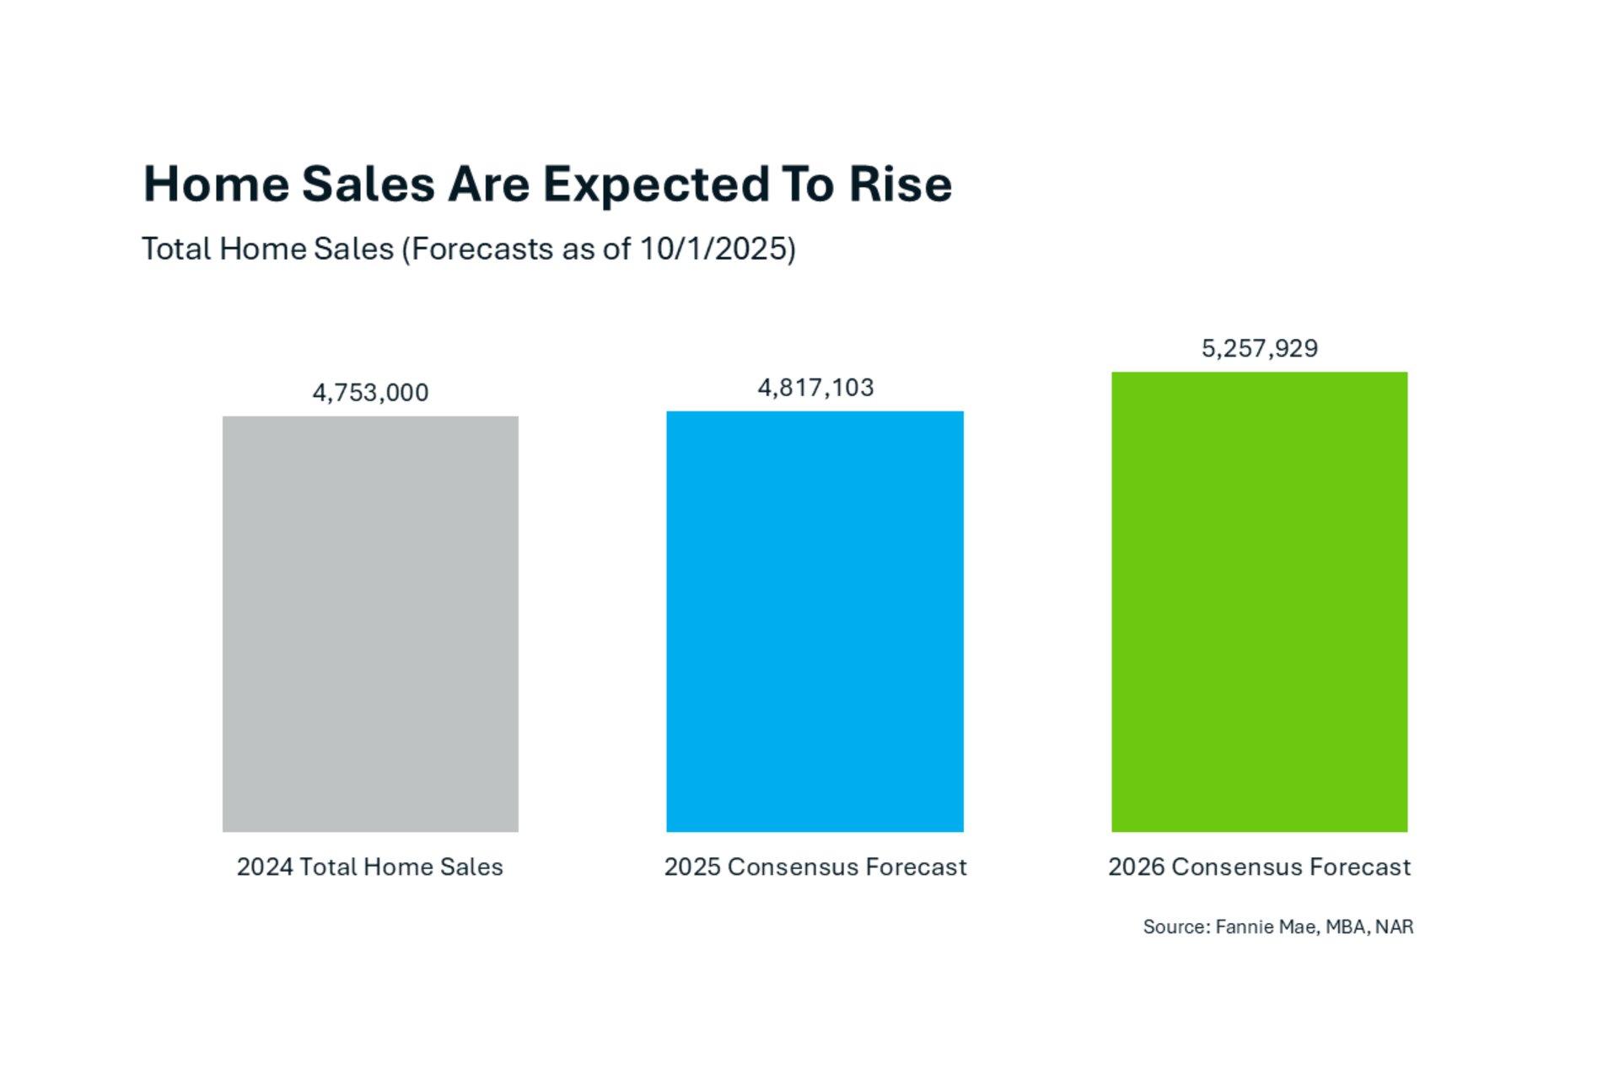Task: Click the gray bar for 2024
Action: click(x=370, y=624)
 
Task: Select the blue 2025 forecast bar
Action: click(x=815, y=621)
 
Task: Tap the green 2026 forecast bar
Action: click(x=1259, y=602)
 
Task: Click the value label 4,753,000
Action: click(x=370, y=393)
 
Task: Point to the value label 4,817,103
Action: click(x=815, y=388)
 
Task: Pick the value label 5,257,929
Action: click(x=1259, y=348)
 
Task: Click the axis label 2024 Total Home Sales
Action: click(x=369, y=867)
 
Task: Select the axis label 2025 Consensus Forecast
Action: click(x=815, y=867)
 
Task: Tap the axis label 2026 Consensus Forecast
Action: click(x=1259, y=867)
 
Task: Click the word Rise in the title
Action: click(x=900, y=184)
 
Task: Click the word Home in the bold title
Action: click(x=216, y=184)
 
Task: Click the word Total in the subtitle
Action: click(x=176, y=249)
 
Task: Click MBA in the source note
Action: click(x=1346, y=927)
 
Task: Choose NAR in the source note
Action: click(x=1394, y=927)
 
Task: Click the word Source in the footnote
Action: click(x=1175, y=927)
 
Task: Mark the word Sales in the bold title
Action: click(x=368, y=184)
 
